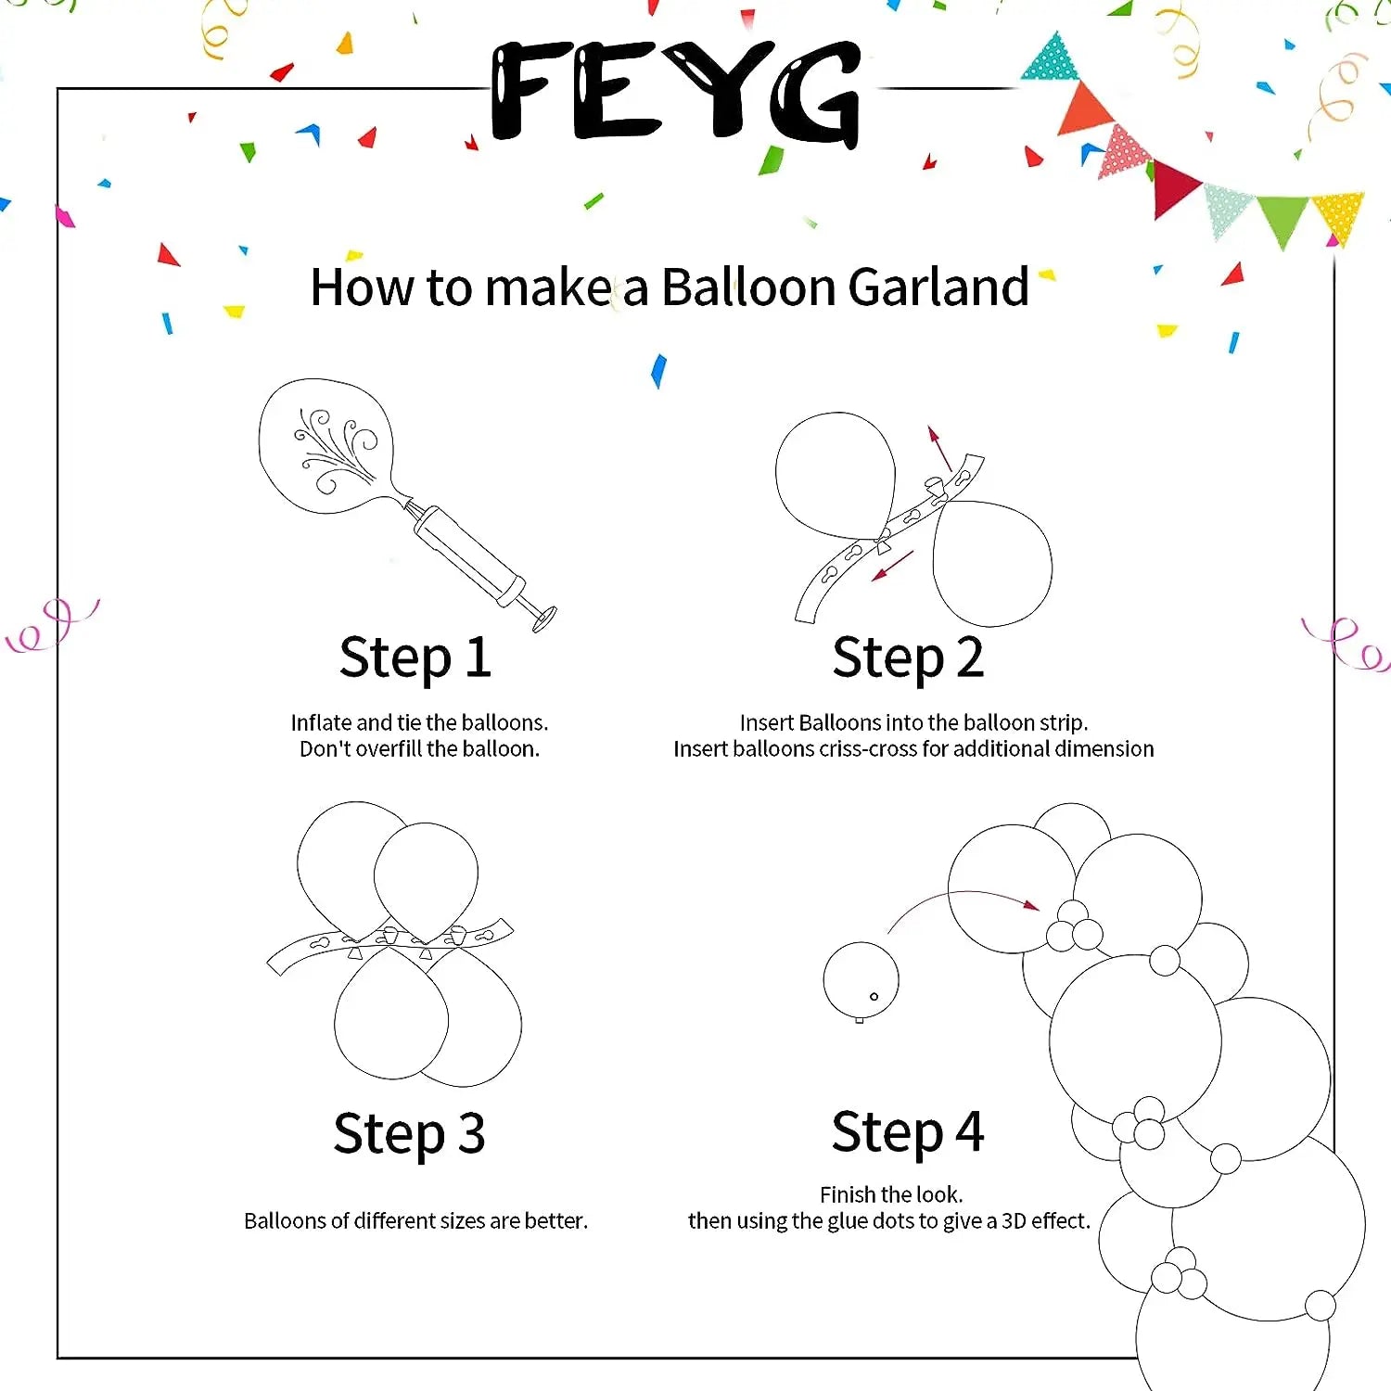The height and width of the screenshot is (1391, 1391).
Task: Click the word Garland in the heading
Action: pyautogui.click(x=938, y=287)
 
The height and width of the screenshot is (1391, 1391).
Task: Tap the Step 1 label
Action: pyautogui.click(x=415, y=658)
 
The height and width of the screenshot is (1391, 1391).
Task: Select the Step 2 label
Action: pyautogui.click(x=908, y=658)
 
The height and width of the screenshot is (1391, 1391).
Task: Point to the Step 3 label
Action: pyautogui.click(x=409, y=1133)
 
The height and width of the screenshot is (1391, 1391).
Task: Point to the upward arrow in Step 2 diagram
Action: pyautogui.click(x=939, y=448)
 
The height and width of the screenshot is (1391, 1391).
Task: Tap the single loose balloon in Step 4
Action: pyautogui.click(x=861, y=980)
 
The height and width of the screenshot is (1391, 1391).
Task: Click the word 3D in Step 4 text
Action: pyautogui.click(x=1013, y=1221)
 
